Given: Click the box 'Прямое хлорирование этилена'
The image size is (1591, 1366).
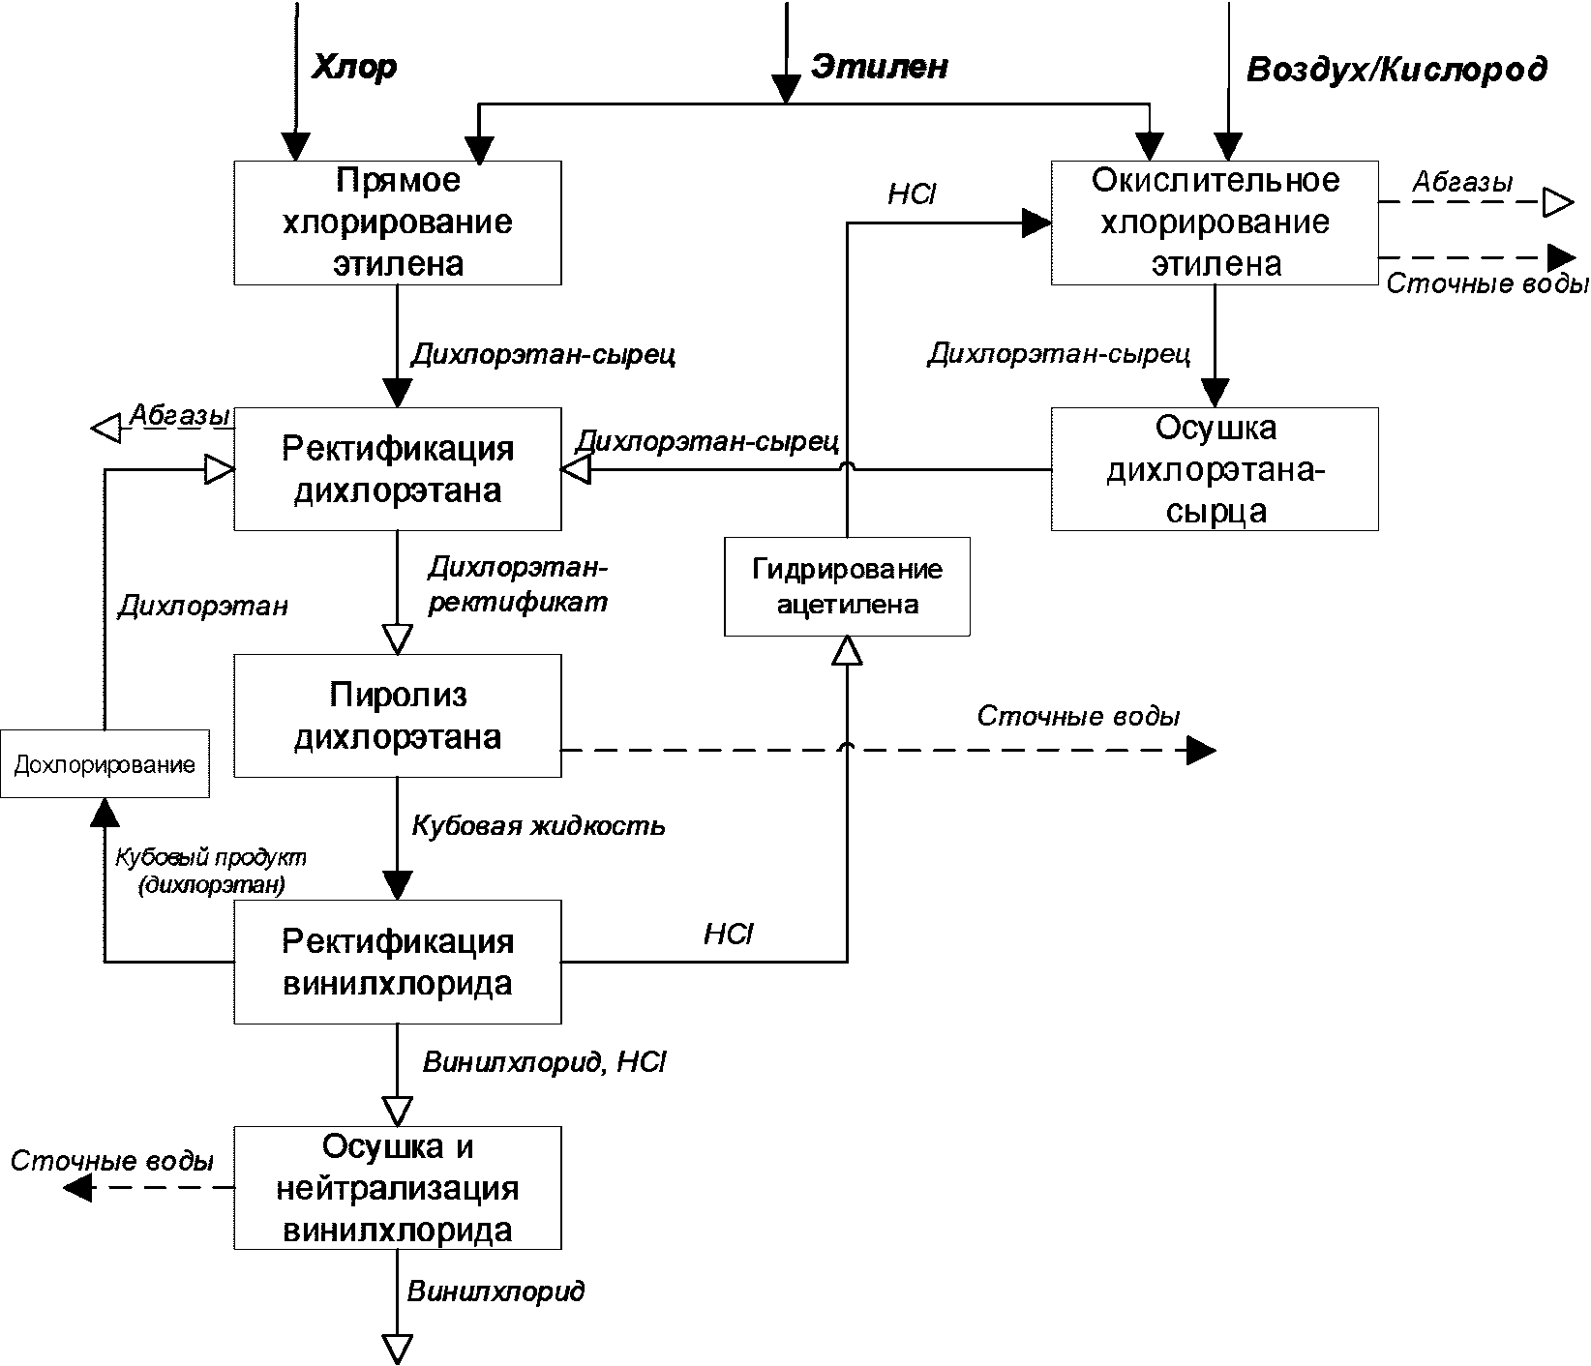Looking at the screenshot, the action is point(398,223).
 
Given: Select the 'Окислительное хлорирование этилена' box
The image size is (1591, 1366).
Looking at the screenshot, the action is point(1215,223).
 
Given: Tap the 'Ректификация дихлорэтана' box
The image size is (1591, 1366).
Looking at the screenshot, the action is point(398,469).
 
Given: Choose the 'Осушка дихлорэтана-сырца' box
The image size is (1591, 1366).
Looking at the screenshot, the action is point(1215,469).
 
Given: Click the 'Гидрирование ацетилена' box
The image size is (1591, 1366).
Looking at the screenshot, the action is point(847,587).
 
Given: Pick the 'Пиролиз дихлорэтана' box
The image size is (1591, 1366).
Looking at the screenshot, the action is point(398,716).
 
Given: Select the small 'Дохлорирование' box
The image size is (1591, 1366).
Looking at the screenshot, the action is point(105,764).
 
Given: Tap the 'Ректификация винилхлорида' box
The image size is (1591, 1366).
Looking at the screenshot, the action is point(398,963).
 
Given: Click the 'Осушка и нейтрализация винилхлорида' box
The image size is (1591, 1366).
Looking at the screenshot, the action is point(398,1188).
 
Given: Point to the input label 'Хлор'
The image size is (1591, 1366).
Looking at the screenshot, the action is point(353,68).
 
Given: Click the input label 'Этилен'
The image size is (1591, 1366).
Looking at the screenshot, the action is point(879,66).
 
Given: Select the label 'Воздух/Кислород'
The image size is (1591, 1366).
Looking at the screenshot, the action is point(1396,70).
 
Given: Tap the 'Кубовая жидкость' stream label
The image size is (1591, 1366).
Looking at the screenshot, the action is point(538,826).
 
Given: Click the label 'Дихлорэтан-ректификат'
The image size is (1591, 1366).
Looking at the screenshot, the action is point(518,584).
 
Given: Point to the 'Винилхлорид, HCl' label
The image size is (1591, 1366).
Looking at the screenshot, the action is point(545,1062).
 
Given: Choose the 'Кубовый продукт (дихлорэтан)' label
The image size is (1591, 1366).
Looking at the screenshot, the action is point(211,871).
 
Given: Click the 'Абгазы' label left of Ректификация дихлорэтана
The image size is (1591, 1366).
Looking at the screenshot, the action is point(180,415).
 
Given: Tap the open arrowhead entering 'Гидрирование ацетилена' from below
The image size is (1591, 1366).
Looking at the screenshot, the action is point(847,651).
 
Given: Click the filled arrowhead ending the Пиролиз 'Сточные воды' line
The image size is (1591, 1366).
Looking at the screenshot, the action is point(1201,750).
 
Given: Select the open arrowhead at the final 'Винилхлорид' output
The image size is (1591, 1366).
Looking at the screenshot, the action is point(398,1348).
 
